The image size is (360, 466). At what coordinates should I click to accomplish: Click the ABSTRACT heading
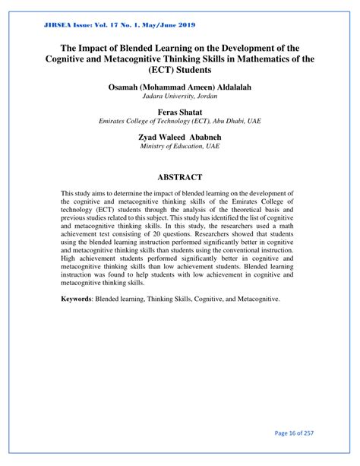(x=179, y=176)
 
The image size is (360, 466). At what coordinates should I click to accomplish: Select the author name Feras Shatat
(x=179, y=111)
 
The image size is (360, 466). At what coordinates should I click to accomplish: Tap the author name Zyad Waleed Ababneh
(x=179, y=136)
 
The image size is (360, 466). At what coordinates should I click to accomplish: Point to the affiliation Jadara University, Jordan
(x=179, y=97)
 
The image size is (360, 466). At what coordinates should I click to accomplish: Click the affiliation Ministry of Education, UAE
(x=179, y=146)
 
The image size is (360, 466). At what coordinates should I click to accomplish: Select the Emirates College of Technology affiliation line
(x=179, y=121)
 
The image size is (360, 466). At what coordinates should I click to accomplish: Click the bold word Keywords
(x=81, y=300)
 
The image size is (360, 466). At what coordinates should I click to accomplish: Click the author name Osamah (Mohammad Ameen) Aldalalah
(x=179, y=87)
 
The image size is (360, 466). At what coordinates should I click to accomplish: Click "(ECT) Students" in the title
(x=179, y=69)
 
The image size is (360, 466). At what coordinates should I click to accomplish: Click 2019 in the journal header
(x=182, y=25)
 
